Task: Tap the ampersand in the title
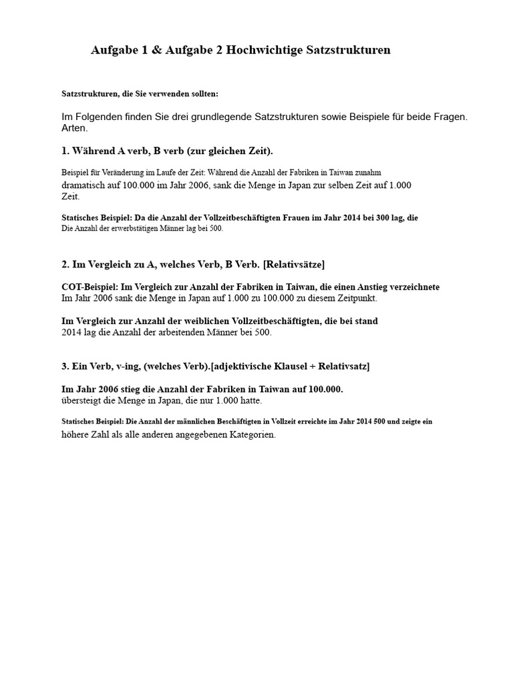click(x=154, y=50)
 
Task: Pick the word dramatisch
click(x=85, y=184)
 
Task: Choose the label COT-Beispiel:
click(x=89, y=287)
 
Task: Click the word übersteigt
click(x=82, y=401)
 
